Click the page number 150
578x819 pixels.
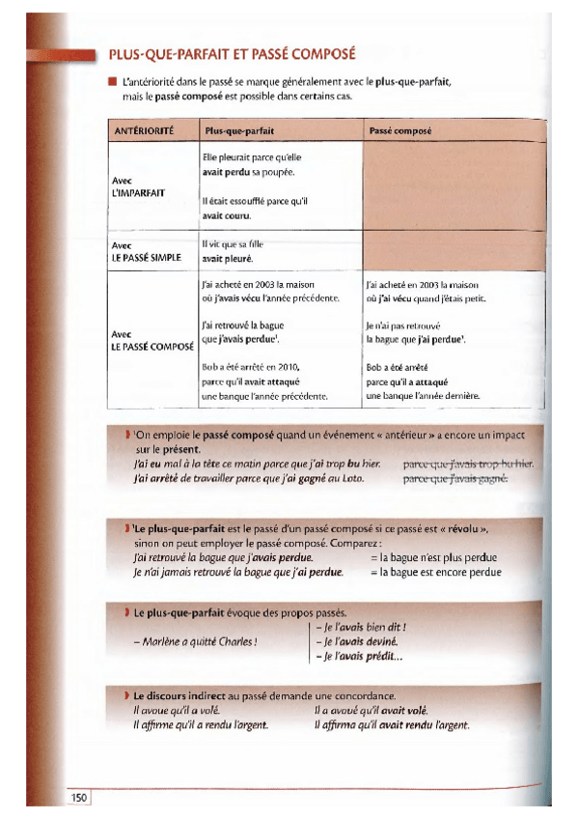(78, 796)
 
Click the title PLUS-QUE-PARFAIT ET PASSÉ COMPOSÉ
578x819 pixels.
(232, 54)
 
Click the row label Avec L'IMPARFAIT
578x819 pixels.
(138, 187)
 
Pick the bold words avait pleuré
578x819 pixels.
(228, 259)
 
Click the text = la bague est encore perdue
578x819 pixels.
(436, 572)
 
